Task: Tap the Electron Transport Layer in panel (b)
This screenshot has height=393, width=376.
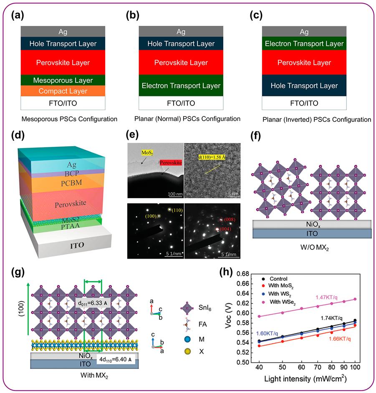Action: click(x=181, y=86)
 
